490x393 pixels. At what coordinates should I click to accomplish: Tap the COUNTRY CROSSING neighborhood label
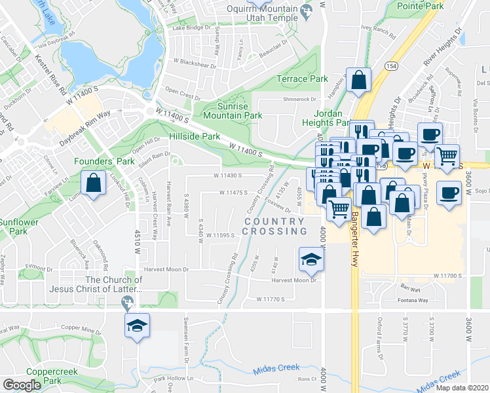pyautogui.click(x=275, y=226)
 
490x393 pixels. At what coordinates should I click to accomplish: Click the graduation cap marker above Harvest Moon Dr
pyautogui.click(x=311, y=259)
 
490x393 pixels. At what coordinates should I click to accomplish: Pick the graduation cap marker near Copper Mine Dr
pyautogui.click(x=138, y=326)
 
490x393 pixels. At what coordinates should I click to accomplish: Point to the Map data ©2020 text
pyautogui.click(x=462, y=388)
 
